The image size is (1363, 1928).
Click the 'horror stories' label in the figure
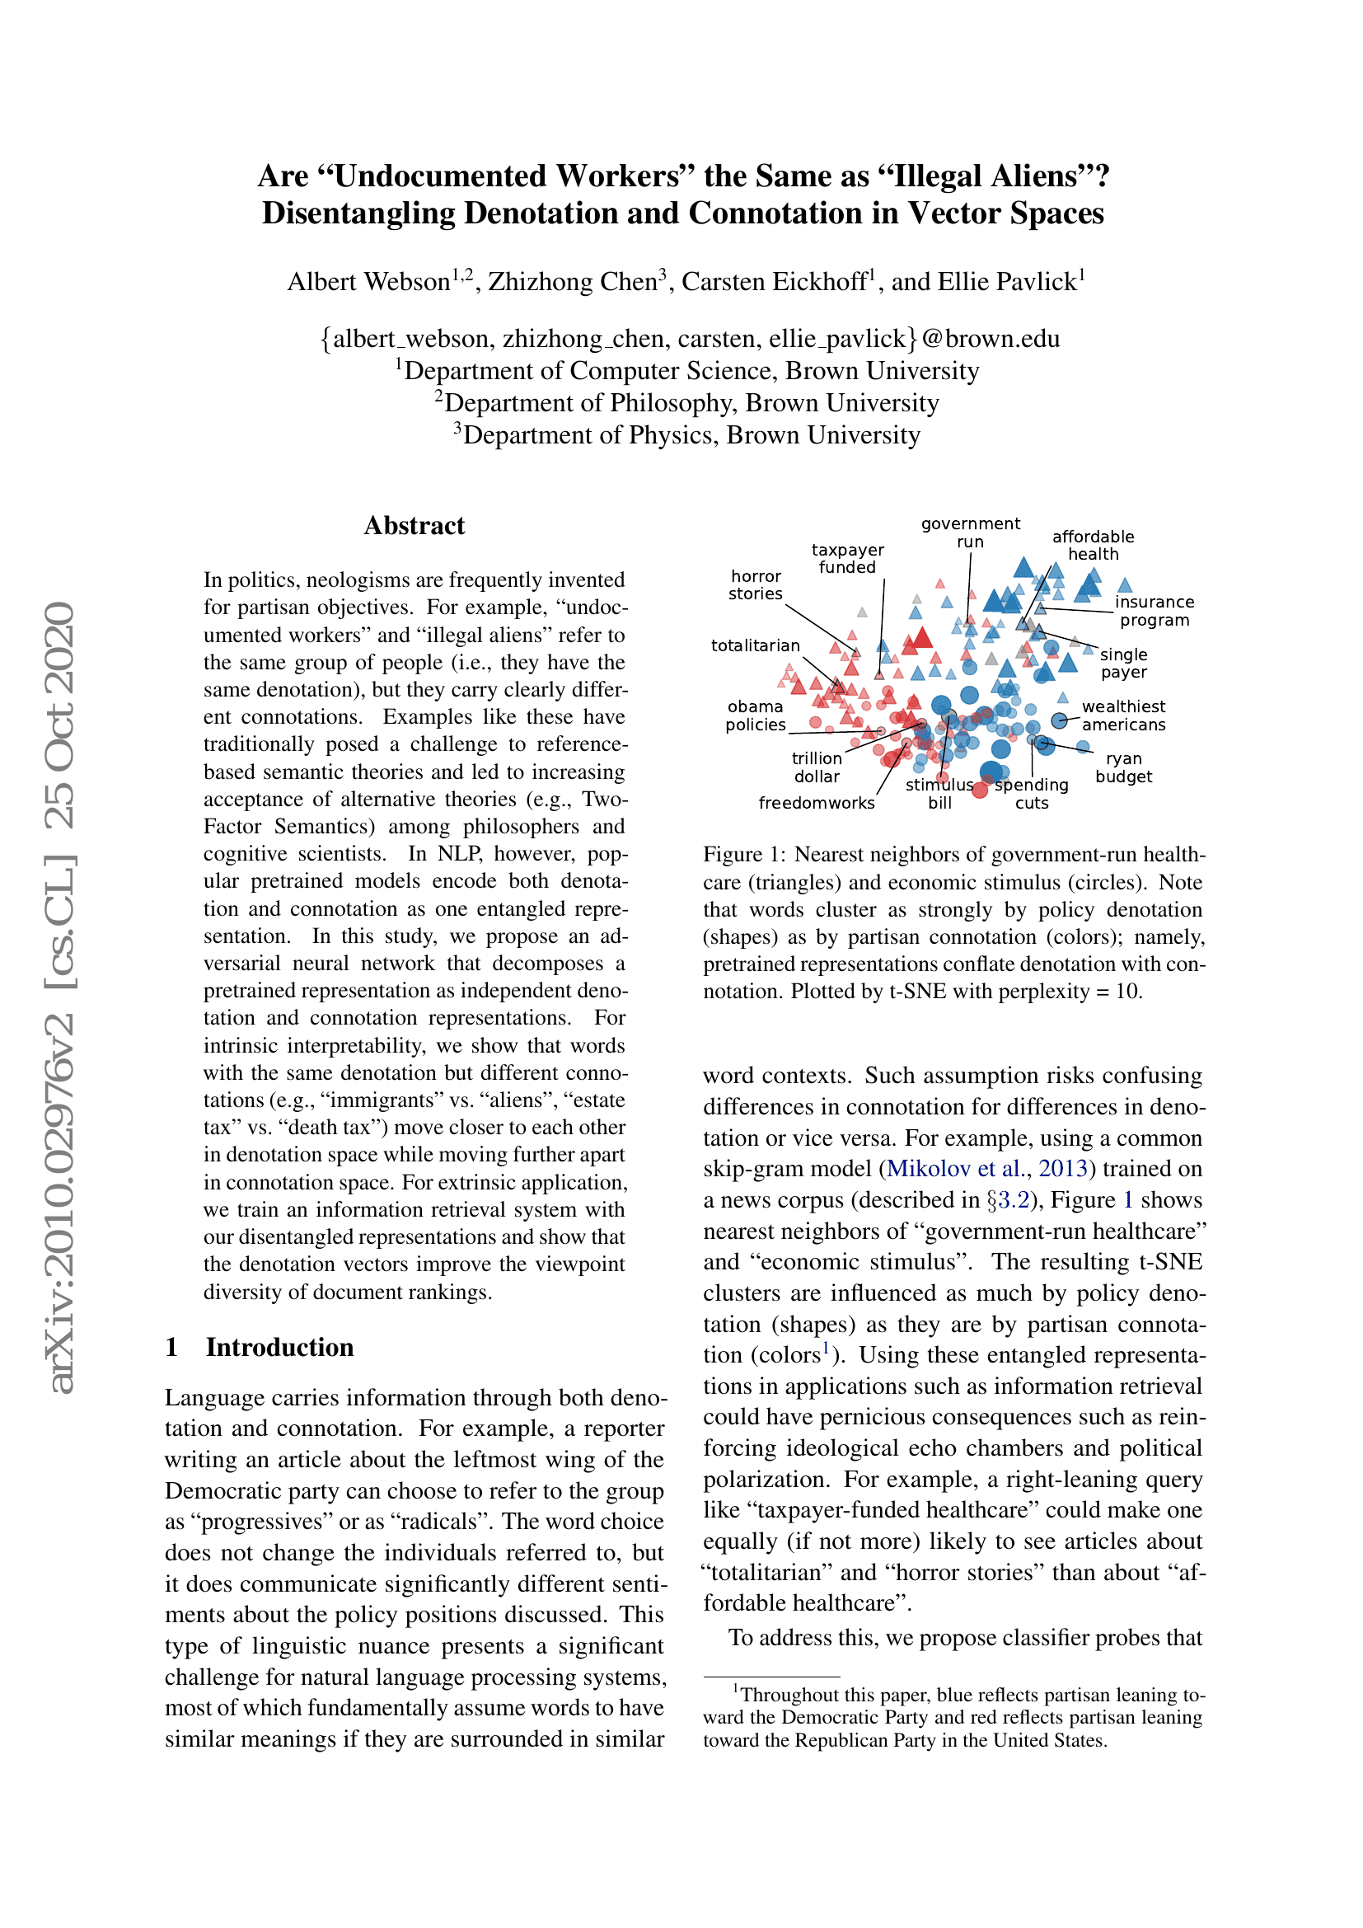pos(756,585)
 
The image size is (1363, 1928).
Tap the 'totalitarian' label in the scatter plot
pos(756,645)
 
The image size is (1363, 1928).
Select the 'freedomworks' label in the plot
pos(817,804)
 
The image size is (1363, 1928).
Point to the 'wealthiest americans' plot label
pos(1123,715)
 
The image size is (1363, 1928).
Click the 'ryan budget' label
pos(1123,767)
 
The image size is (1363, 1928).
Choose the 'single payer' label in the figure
pos(1123,664)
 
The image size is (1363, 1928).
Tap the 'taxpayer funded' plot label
pos(848,558)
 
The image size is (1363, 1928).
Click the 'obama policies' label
pos(756,715)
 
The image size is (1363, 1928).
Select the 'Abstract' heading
pos(415,526)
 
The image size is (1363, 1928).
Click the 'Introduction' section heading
pos(279,1347)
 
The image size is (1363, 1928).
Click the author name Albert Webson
pos(368,281)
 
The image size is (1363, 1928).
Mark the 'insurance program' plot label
pos(1154,612)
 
